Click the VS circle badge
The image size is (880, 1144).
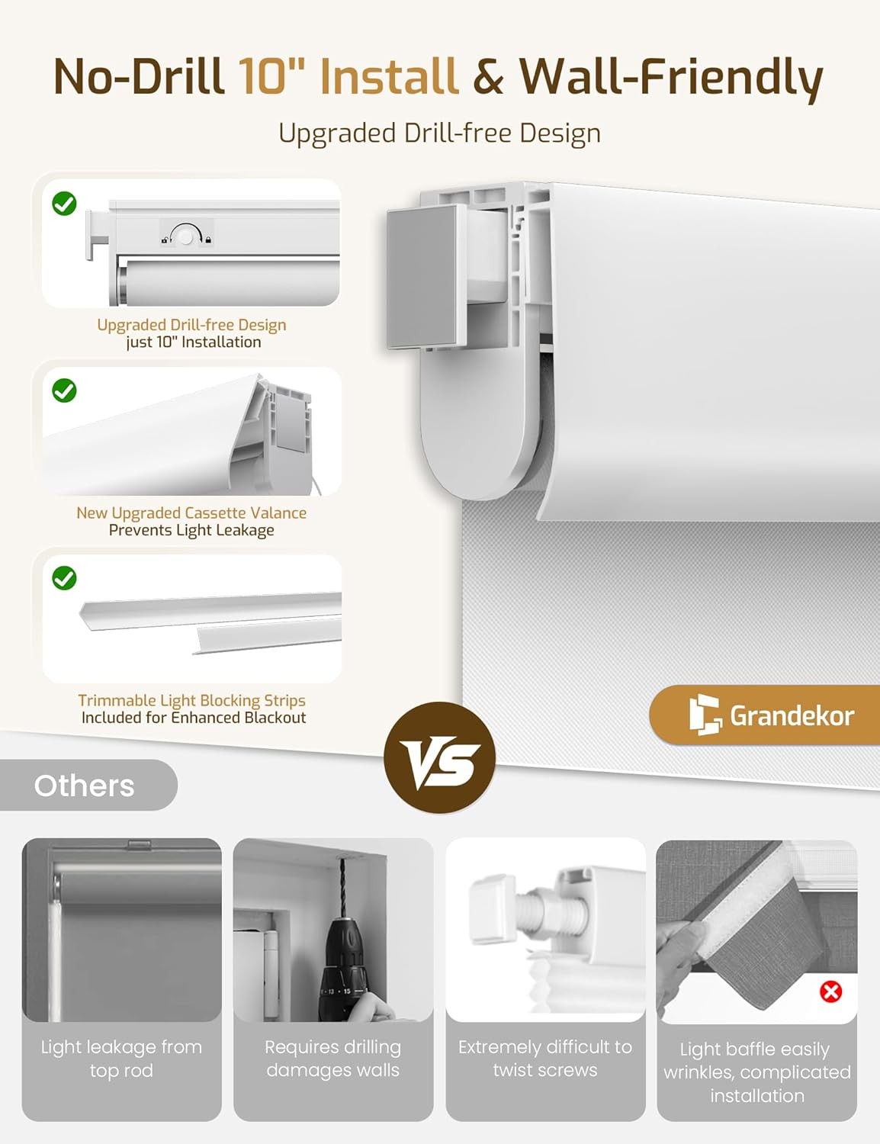pos(439,757)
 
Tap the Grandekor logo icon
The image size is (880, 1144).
pos(705,715)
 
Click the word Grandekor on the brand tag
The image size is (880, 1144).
pos(792,716)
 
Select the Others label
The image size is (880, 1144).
pos(84,786)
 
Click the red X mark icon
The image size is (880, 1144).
pos(830,992)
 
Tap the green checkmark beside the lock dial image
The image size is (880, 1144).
pos(64,204)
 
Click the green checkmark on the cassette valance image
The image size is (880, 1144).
pos(64,390)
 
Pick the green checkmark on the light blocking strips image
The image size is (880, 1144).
pos(64,578)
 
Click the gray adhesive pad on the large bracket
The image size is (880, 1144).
pos(422,276)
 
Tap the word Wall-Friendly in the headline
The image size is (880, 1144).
pos(671,77)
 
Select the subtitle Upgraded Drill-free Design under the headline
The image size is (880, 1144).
pos(439,133)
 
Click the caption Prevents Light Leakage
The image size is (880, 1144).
pos(191,530)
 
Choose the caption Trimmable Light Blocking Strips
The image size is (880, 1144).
pos(191,700)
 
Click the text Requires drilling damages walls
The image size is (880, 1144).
pos(333,1059)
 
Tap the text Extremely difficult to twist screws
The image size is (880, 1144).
pos(545,1059)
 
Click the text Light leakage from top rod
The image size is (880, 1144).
pos(121,1059)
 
